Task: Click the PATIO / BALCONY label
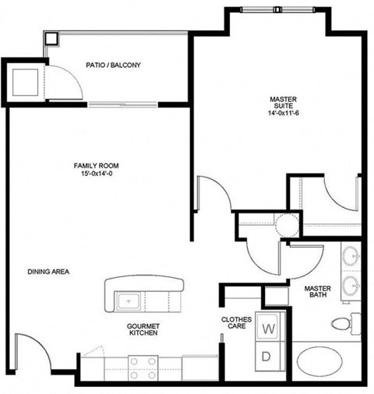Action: [113, 66]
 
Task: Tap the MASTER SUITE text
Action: [282, 100]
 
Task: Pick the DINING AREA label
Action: [49, 272]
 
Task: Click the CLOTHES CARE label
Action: [235, 322]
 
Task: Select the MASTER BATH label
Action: [317, 293]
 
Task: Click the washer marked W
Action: [268, 329]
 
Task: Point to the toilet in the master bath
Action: [344, 322]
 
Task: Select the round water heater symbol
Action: [286, 225]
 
